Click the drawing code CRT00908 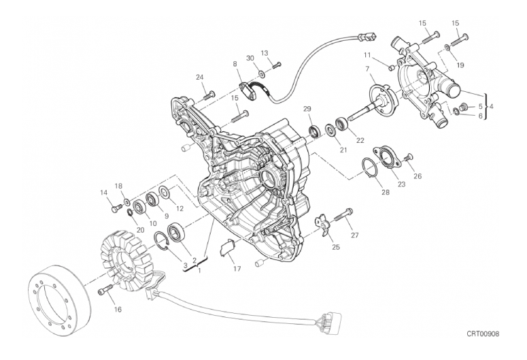click(x=483, y=333)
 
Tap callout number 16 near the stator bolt click(x=118, y=310)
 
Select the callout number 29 click(x=307, y=109)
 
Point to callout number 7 click(x=367, y=69)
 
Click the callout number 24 click(x=200, y=77)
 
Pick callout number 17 click(x=237, y=269)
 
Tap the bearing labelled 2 click(x=175, y=231)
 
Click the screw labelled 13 click(x=276, y=65)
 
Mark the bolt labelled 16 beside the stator click(x=105, y=291)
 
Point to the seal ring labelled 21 click(x=330, y=131)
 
